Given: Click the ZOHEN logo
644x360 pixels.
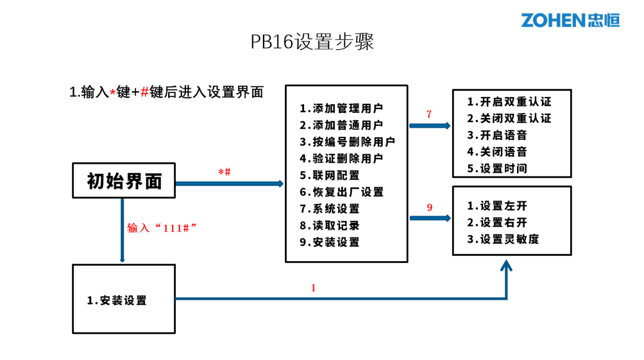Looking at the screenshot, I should tap(570, 20).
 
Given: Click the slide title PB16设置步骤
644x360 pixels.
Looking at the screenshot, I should tap(312, 42).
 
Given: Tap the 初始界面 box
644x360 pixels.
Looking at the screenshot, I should tap(124, 181).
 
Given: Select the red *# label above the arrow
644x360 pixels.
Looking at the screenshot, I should tap(224, 172).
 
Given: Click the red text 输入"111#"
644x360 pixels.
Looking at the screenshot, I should tap(162, 228).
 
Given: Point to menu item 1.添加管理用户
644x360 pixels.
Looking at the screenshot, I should tap(342, 108).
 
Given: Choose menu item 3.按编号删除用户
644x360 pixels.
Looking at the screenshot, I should tap(347, 142).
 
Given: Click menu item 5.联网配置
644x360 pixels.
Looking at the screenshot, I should tap(330, 175).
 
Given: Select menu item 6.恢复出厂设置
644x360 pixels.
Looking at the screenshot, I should tap(342, 192).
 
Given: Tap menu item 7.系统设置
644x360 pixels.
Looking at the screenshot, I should tap(330, 209).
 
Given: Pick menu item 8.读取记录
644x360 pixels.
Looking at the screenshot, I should tap(330, 225).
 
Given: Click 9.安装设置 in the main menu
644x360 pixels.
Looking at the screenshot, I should tap(330, 242).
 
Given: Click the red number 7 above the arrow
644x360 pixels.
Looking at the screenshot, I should tap(429, 114).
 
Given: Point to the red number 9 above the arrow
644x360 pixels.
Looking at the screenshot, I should tap(429, 207).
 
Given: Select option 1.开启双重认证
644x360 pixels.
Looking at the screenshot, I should tap(509, 101).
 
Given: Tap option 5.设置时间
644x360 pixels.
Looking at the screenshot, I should tap(497, 168).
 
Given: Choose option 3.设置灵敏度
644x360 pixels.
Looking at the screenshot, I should tap(503, 239).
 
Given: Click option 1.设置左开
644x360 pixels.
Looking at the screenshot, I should tap(497, 206).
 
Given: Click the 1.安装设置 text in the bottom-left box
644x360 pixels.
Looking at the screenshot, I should tap(117, 300).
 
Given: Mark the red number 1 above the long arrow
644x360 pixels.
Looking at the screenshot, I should tap(314, 288).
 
